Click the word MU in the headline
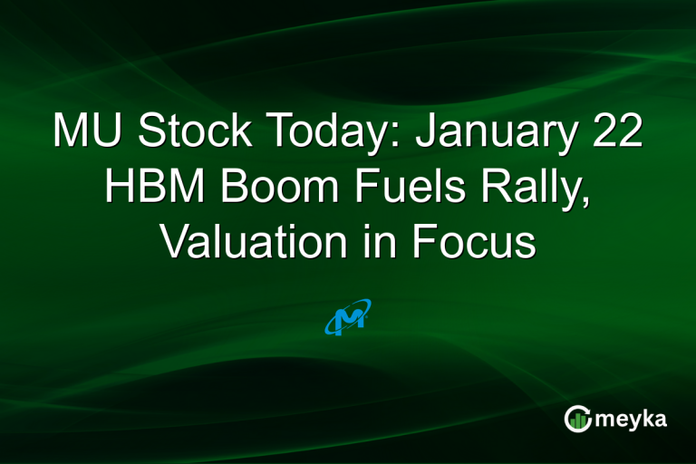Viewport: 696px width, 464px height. tap(87, 132)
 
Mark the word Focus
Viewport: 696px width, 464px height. tap(477, 243)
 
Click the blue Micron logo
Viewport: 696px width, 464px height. tap(347, 317)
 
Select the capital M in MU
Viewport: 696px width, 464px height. tap(72, 132)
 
